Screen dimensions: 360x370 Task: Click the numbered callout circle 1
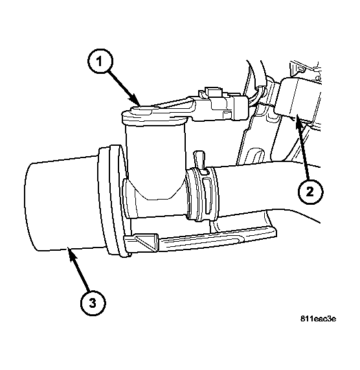[x=100, y=62]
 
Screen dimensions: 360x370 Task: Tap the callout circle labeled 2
[x=309, y=191]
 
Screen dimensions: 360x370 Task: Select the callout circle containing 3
[x=93, y=303]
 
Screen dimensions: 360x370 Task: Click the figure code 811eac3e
[x=318, y=319]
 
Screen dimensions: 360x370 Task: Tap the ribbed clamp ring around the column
[x=202, y=194]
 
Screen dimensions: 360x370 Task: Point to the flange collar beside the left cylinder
[x=113, y=201]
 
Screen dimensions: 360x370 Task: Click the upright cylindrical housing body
[x=154, y=161]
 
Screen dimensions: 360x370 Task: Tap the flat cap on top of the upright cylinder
[x=154, y=115]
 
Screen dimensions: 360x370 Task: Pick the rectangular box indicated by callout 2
[x=298, y=99]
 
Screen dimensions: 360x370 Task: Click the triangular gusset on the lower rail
[x=146, y=241]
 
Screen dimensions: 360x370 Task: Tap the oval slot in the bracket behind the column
[x=255, y=156]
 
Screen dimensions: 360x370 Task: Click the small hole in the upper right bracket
[x=301, y=69]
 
